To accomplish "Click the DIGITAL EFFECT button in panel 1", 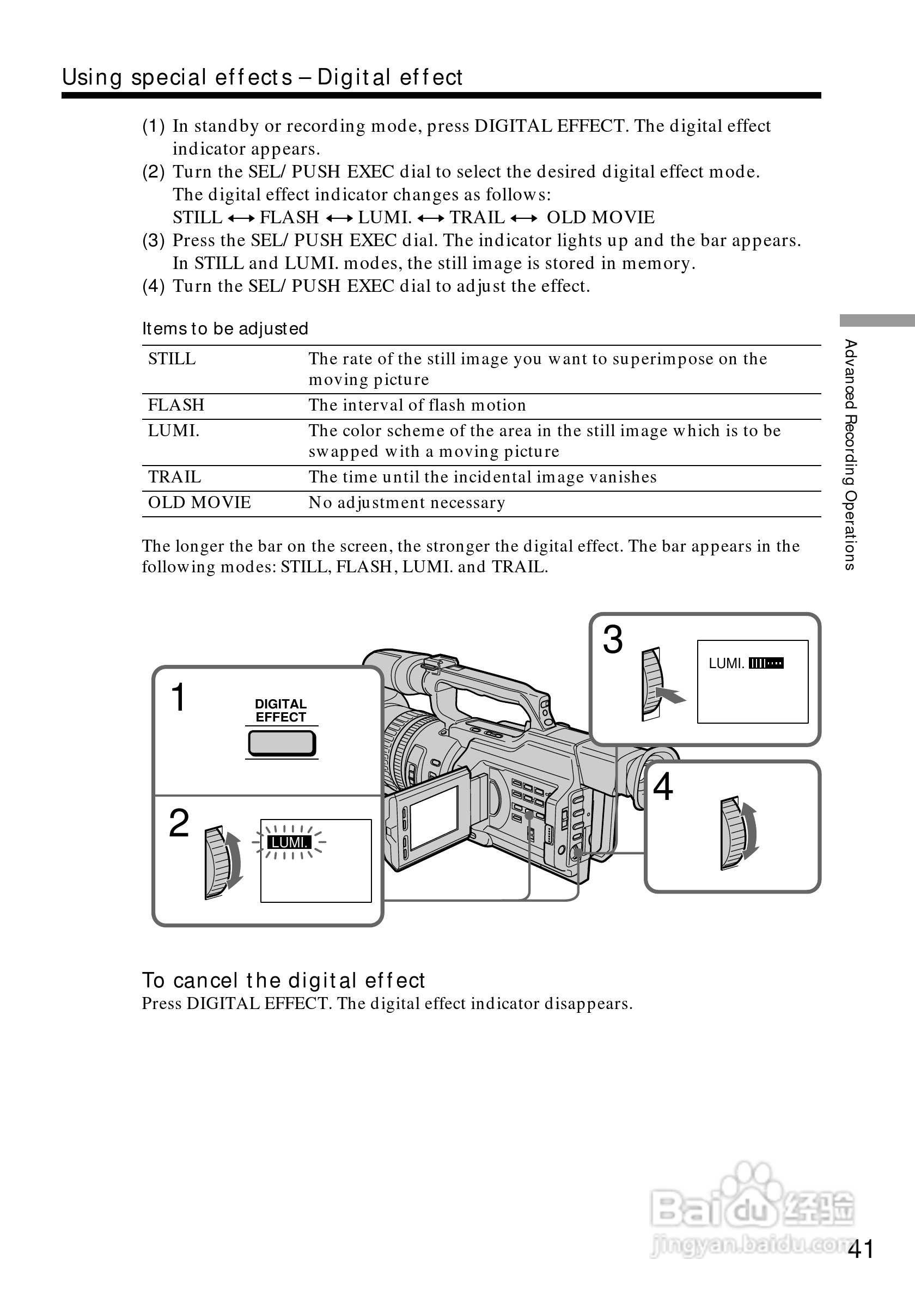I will point(282,743).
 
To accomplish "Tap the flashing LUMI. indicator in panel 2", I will point(289,843).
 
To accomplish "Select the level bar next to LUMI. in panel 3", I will point(766,663).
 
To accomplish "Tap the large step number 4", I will point(663,786).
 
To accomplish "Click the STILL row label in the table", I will point(172,359).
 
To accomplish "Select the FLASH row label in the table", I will point(176,405).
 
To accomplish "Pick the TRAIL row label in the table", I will point(174,477).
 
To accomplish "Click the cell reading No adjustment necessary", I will point(406,503).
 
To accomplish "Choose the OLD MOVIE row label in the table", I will point(199,503).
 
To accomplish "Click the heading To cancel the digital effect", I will point(283,981).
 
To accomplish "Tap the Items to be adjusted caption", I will point(225,328).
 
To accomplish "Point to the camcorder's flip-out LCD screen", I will point(434,818).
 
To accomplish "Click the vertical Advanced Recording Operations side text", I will point(850,454).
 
